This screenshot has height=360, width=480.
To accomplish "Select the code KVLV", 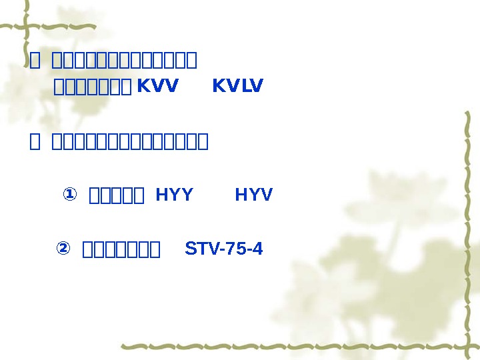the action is (x=237, y=86).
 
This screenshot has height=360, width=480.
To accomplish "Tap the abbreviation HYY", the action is (x=174, y=195).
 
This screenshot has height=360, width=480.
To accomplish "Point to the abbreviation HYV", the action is (x=254, y=195).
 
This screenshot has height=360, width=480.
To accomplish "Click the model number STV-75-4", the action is (x=224, y=249).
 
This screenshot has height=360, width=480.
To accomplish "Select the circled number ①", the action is (x=69, y=195).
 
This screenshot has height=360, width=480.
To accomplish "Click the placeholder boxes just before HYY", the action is (x=117, y=196).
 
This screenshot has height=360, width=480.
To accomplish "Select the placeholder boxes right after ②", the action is (x=121, y=251).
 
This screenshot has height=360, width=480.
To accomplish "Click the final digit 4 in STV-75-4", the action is (x=259, y=249).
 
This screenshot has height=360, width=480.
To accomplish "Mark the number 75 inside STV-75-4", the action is (x=237, y=249).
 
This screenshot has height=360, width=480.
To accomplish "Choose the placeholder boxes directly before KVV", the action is (x=93, y=87).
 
